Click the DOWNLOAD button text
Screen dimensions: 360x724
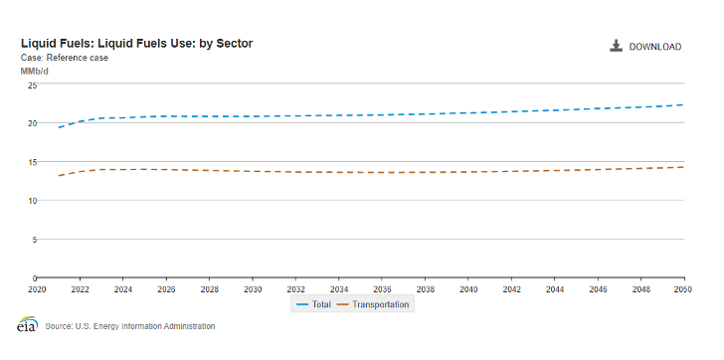coord(654,47)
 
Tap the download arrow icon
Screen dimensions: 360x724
coord(617,46)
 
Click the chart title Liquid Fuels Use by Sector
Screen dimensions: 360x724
coord(137,44)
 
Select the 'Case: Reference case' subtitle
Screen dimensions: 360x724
coord(65,58)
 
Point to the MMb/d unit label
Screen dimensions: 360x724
coord(35,71)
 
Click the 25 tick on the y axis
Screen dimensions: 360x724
coord(31,85)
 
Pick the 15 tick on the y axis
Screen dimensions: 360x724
coord(31,162)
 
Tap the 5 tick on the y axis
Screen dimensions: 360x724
coord(33,240)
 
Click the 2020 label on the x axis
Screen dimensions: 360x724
coord(37,289)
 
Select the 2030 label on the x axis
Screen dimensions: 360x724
coord(253,289)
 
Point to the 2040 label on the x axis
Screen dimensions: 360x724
coord(468,289)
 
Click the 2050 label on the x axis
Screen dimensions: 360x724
coord(683,289)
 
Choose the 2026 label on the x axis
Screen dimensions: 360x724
coord(166,289)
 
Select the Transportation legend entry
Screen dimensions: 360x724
coord(374,304)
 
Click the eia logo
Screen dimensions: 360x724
coord(27,325)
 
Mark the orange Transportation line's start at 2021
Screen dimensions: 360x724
coord(59,176)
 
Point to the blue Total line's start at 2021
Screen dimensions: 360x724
coord(59,127)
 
